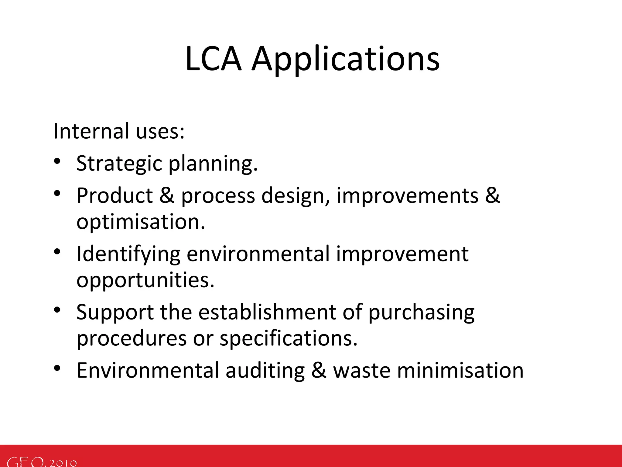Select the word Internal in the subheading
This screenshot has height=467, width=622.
(91, 131)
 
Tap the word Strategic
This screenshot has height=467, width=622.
(119, 164)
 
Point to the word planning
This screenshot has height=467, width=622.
(213, 164)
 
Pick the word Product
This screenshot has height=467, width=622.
(114, 195)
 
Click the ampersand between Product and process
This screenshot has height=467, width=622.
(167, 195)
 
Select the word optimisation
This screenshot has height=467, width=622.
(141, 222)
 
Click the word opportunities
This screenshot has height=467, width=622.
(145, 280)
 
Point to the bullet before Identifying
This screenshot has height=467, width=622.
(57, 251)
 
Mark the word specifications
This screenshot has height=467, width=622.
(289, 339)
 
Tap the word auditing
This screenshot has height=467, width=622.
(265, 371)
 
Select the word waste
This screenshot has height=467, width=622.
(362, 371)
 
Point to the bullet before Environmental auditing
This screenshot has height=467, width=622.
(57, 368)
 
